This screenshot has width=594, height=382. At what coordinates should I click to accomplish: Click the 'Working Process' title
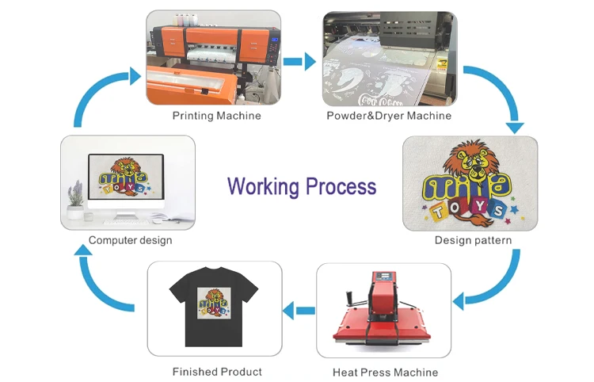coord(302,187)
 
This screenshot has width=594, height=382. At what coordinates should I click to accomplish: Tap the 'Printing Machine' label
coord(216,116)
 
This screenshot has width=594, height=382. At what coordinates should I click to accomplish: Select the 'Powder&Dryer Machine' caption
coord(389,116)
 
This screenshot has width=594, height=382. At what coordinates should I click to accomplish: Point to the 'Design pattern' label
coord(473,240)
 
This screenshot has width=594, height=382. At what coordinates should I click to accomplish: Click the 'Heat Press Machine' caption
coord(386,372)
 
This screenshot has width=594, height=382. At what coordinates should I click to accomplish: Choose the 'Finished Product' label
coord(217,371)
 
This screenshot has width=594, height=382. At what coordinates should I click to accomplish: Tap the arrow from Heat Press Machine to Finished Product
coord(299,311)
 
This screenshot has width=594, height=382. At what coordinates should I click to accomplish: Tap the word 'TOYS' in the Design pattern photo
coord(472,208)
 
